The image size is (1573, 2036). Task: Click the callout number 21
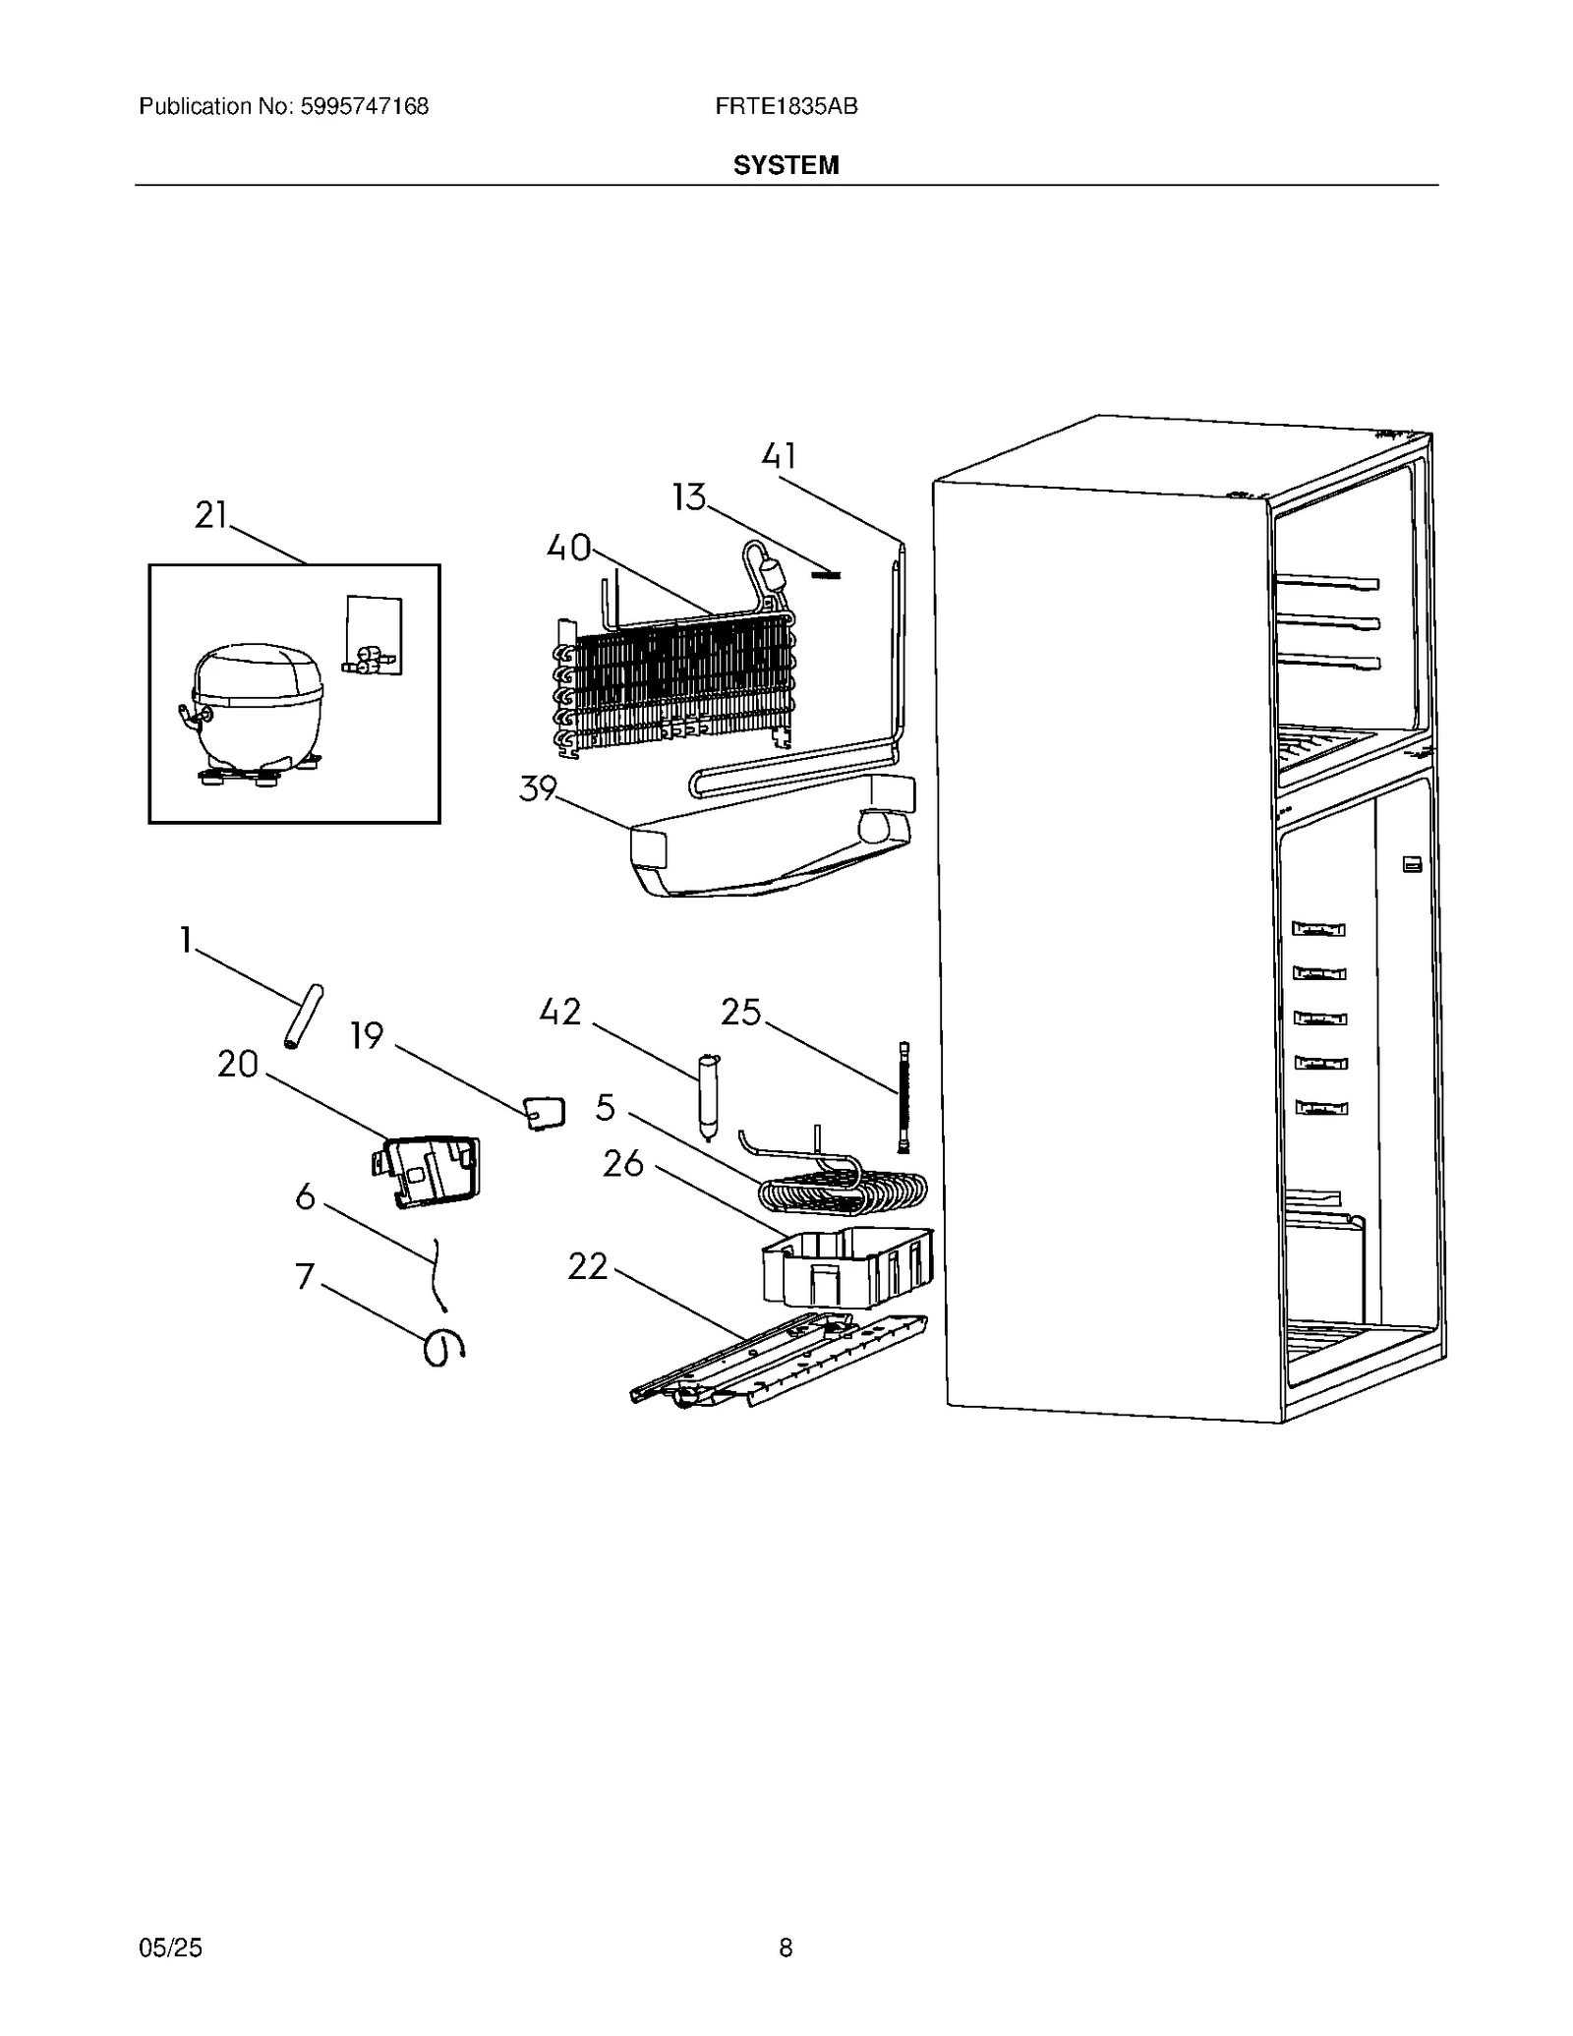click(211, 515)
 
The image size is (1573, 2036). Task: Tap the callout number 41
click(779, 456)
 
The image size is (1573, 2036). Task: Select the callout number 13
click(689, 497)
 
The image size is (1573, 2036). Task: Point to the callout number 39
click(538, 788)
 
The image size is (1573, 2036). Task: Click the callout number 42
click(560, 1013)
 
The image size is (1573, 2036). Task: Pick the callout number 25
click(741, 1013)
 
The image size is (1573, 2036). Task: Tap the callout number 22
click(588, 1266)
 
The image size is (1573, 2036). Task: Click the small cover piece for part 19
click(545, 1112)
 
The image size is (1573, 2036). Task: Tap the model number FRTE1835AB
click(786, 106)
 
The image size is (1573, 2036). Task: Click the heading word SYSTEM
click(786, 165)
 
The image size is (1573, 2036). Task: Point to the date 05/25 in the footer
click(171, 1948)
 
